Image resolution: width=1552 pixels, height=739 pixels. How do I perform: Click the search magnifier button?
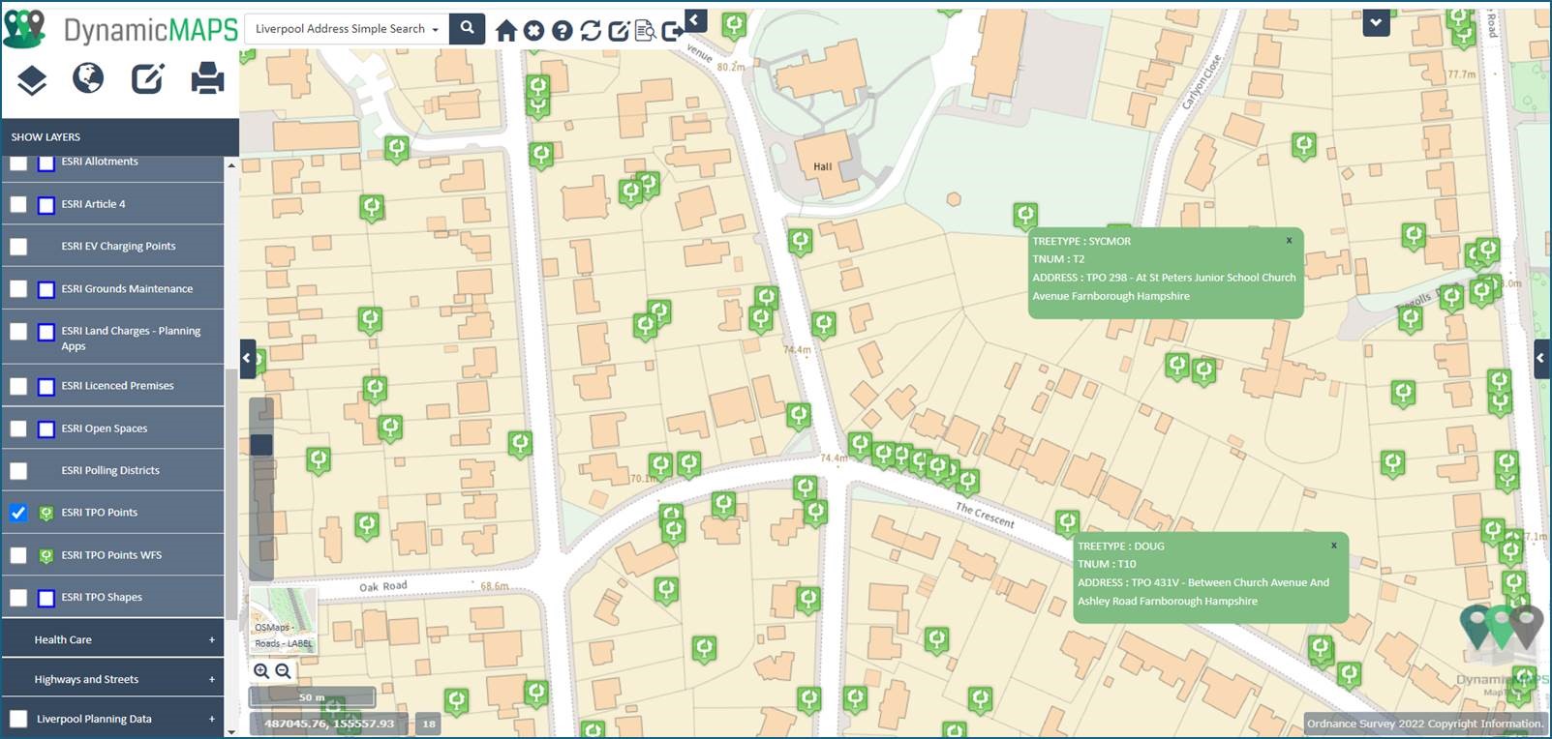coord(468,28)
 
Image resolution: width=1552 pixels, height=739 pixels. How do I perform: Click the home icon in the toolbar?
coord(505,31)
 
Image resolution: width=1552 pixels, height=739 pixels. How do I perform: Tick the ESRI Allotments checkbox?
coord(18,163)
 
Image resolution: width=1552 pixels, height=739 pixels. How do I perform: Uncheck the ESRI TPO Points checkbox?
coord(18,513)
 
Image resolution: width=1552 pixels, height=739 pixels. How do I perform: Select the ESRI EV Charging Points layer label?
coord(118,247)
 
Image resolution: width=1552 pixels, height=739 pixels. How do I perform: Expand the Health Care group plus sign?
coord(211,640)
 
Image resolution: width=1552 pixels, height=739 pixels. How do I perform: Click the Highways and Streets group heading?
coord(87,680)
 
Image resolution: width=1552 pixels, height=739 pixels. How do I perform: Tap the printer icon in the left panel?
coord(207,78)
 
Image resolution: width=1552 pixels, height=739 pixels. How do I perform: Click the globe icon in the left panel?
coord(88,77)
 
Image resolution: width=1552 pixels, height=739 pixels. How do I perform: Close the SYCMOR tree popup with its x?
coord(1289,241)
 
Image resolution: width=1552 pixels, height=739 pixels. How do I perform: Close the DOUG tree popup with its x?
coord(1333,546)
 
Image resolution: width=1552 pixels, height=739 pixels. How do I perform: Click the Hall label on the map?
coord(822,166)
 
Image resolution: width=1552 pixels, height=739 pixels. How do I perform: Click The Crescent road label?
coord(985,515)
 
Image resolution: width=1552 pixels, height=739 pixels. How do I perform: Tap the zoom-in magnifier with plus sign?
coord(261,671)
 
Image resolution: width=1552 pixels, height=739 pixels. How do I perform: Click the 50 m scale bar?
coord(312,697)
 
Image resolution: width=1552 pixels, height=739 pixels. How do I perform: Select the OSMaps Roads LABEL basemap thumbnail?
coord(283,619)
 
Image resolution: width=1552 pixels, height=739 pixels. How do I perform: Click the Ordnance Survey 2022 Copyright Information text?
coord(1424,724)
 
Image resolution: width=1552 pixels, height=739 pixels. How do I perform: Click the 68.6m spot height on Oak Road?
coord(494,586)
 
